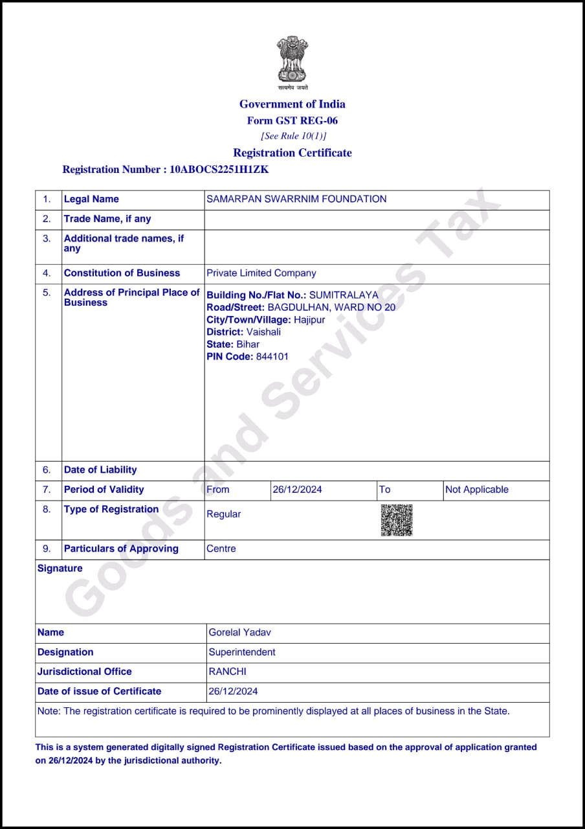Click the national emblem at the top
tap(292, 60)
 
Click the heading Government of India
tap(292, 104)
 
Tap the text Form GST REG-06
tap(292, 120)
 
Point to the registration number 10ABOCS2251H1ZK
tap(219, 170)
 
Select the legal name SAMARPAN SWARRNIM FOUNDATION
tap(296, 199)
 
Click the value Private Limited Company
tap(261, 273)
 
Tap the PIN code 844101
tap(272, 357)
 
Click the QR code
tap(396, 520)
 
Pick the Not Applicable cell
tap(477, 490)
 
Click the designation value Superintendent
tap(242, 652)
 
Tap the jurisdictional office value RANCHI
tap(227, 672)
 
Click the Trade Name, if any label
tap(107, 219)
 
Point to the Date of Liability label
tap(100, 470)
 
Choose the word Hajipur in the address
tap(309, 320)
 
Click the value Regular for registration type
tap(223, 514)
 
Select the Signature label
tap(60, 569)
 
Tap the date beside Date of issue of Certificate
tap(233, 692)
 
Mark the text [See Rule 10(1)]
tap(294, 136)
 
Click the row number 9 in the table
tap(47, 549)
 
